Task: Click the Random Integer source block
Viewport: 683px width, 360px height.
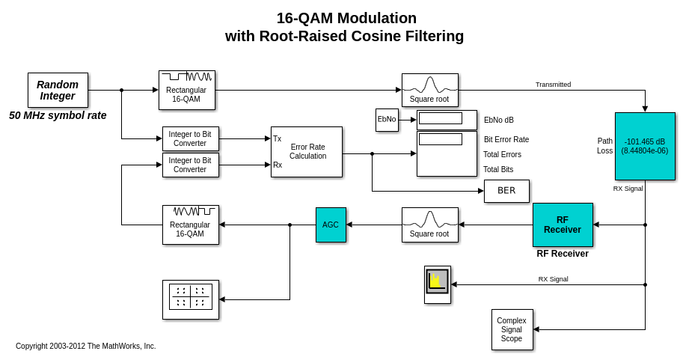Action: [x=58, y=90]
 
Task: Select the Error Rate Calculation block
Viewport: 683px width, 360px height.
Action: [x=307, y=152]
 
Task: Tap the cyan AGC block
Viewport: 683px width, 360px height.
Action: [x=331, y=225]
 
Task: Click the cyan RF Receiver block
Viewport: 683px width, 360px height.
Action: [x=563, y=225]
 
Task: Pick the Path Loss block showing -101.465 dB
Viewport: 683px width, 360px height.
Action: [x=645, y=146]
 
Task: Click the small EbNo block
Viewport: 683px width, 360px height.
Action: [x=387, y=120]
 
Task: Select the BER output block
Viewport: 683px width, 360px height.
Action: [x=506, y=191]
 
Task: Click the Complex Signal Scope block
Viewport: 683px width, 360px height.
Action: [x=512, y=329]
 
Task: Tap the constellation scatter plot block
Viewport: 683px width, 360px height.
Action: [x=191, y=299]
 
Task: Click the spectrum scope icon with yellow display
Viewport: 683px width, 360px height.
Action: [x=438, y=284]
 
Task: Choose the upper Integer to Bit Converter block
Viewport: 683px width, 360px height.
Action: [x=191, y=138]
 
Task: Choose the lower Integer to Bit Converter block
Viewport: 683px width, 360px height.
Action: [x=191, y=165]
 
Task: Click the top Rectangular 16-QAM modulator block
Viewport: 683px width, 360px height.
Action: [x=187, y=90]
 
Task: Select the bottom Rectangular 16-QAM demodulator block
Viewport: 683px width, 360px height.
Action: [x=191, y=225]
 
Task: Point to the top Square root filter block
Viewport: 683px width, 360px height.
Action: [x=430, y=90]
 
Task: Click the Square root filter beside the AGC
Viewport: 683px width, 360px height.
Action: [x=430, y=225]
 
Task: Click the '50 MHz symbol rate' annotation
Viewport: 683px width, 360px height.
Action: [x=58, y=115]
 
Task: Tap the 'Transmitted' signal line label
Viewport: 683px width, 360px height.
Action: [x=553, y=85]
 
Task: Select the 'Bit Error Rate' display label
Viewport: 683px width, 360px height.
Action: [x=506, y=139]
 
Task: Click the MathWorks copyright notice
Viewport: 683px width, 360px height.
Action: [x=86, y=346]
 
